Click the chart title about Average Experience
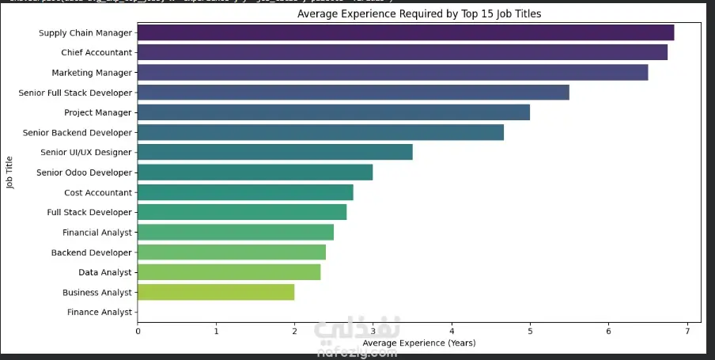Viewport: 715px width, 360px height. tap(419, 14)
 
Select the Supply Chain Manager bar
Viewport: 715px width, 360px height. tap(406, 32)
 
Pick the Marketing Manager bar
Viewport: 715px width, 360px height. tap(393, 73)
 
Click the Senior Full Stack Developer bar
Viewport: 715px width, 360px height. tap(354, 93)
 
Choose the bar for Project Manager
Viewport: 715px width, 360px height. tap(334, 112)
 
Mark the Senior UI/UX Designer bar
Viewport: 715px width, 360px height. tap(275, 152)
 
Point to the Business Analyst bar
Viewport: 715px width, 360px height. tap(216, 292)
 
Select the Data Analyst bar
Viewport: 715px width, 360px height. tap(229, 272)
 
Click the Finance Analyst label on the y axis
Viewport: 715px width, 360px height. tap(100, 313)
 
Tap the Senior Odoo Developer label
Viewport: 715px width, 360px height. tap(85, 172)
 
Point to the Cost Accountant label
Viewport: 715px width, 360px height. tap(98, 192)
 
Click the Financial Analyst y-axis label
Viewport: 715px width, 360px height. tap(97, 233)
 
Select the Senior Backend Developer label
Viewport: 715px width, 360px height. tap(78, 132)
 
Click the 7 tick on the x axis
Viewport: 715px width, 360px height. tap(687, 330)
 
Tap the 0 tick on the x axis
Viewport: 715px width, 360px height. tap(138, 330)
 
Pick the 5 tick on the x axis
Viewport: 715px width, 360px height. tap(530, 330)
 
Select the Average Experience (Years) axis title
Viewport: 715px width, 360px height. tap(419, 343)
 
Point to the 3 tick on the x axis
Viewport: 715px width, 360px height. tap(373, 330)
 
